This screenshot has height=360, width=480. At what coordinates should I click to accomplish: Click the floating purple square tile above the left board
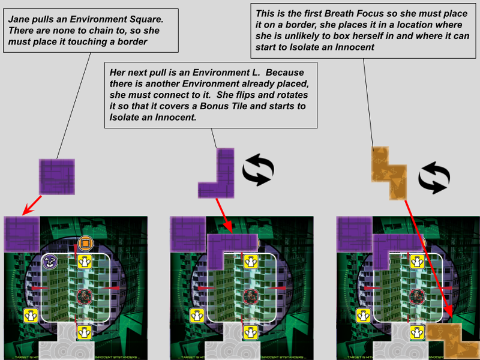pyautogui.click(x=57, y=176)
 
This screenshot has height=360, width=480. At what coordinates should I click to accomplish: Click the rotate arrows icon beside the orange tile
pyautogui.click(x=433, y=178)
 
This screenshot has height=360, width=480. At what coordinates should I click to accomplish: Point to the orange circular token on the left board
pyautogui.click(x=85, y=243)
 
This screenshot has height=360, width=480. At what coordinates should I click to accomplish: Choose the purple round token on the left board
pyautogui.click(x=50, y=261)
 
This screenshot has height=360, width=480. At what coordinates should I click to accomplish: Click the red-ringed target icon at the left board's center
pyautogui.click(x=85, y=295)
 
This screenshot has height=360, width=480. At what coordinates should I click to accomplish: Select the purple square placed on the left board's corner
pyautogui.click(x=22, y=234)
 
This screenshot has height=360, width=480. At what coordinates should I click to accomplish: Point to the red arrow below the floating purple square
pyautogui.click(x=32, y=204)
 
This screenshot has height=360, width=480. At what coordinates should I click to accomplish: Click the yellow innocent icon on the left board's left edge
pyautogui.click(x=31, y=315)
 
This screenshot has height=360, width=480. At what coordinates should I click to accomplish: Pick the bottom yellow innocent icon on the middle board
pyautogui.click(x=250, y=332)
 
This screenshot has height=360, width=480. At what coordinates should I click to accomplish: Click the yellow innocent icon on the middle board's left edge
pyautogui.click(x=197, y=315)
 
